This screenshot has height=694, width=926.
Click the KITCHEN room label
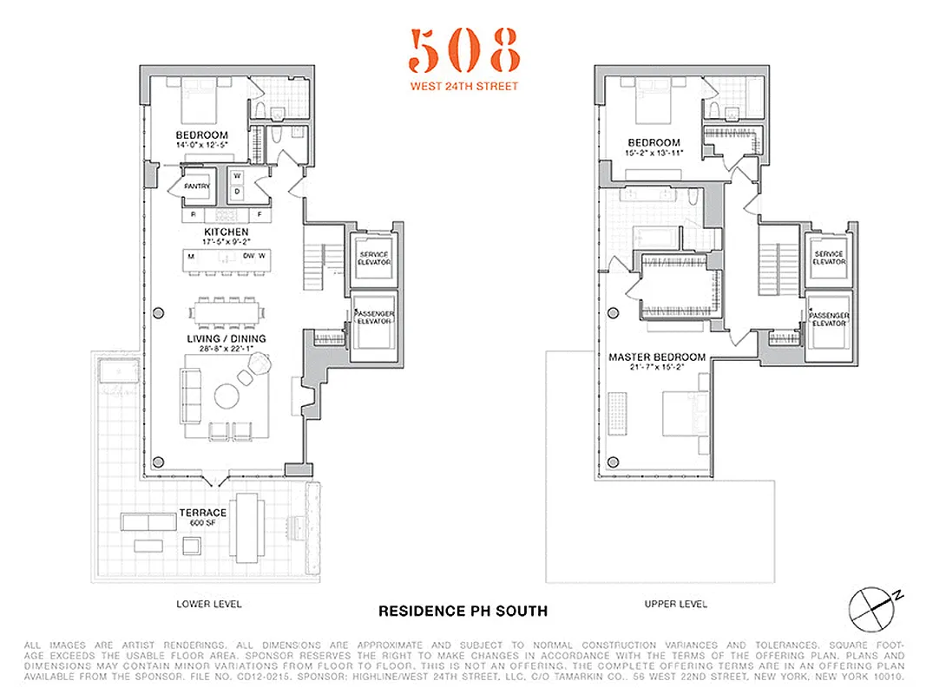(x=227, y=232)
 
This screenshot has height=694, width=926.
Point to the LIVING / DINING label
(x=227, y=338)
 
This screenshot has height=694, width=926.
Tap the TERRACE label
(x=202, y=513)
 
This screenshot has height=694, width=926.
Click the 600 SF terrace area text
(x=202, y=522)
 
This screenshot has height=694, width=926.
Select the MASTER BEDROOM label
(x=657, y=357)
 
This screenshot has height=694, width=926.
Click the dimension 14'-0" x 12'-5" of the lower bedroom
(x=202, y=145)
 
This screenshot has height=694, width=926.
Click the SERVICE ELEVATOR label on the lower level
(x=374, y=258)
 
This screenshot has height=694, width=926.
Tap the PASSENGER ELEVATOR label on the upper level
(x=828, y=319)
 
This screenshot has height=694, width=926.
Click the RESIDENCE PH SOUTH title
(x=463, y=611)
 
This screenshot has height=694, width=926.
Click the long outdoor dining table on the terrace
(x=249, y=523)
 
